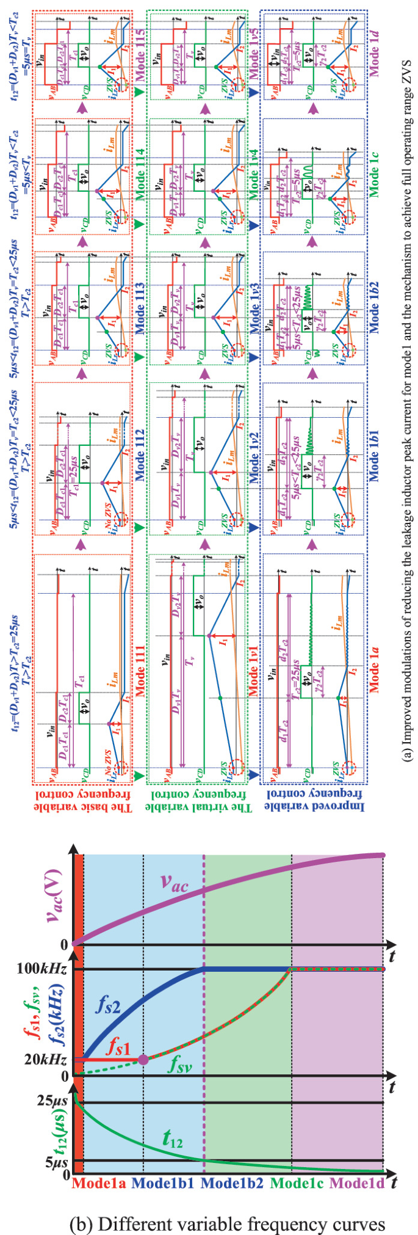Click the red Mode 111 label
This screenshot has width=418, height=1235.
[139, 671]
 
